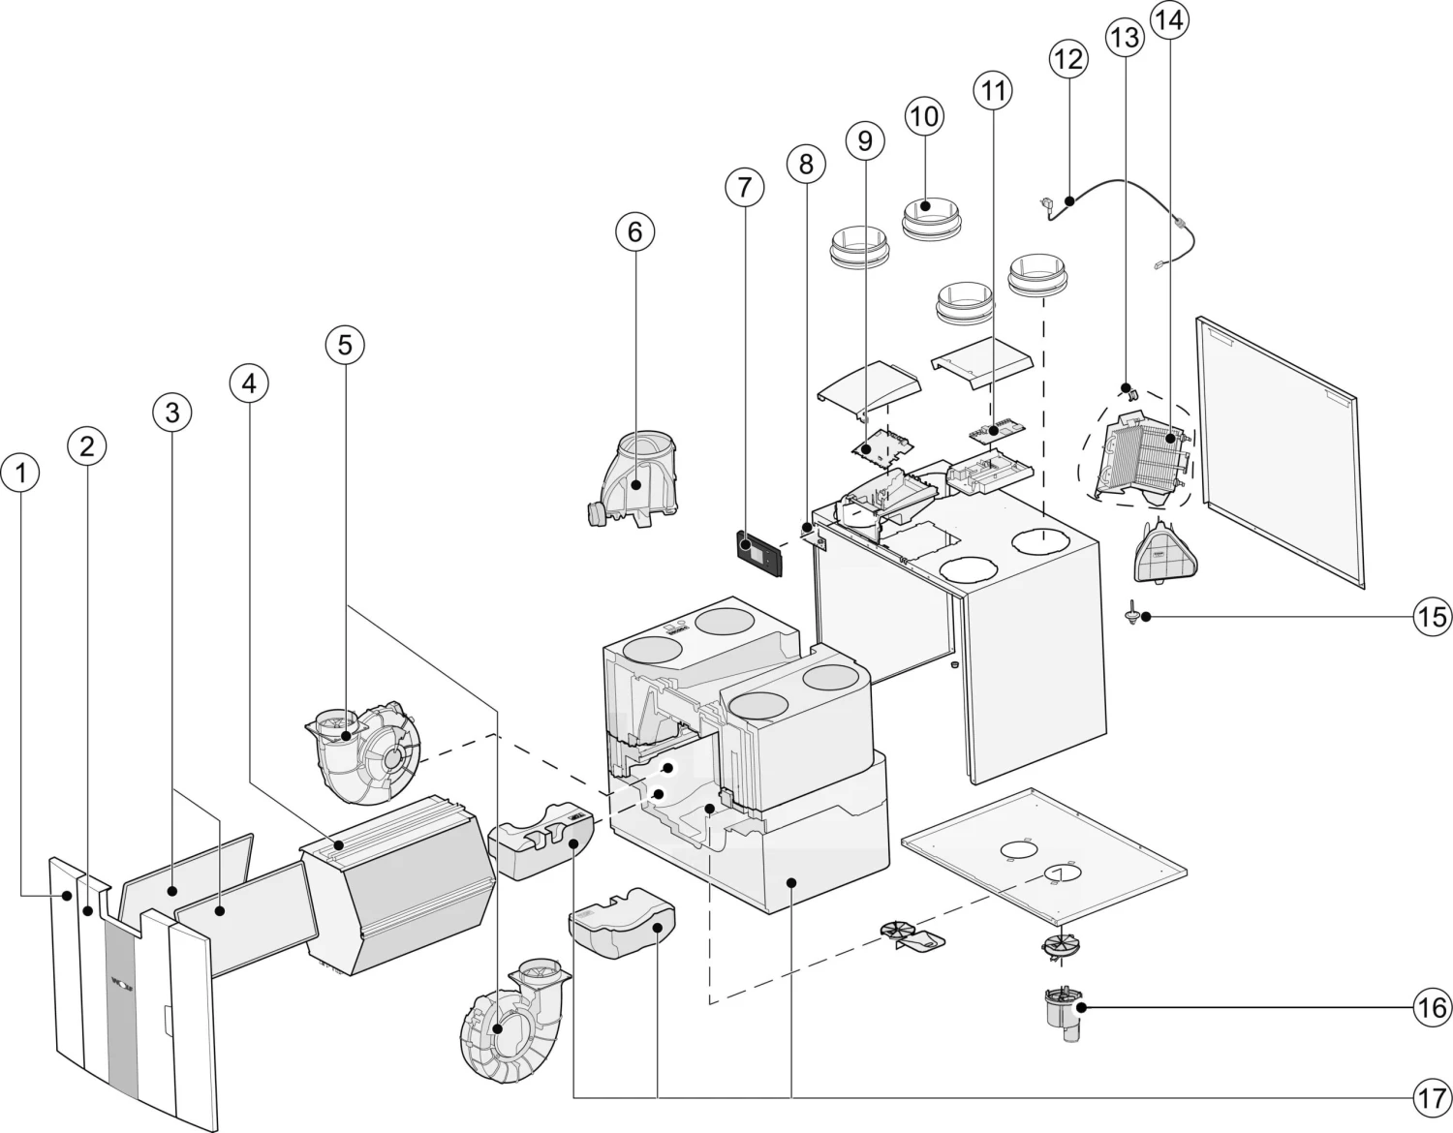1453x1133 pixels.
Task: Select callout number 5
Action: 346,343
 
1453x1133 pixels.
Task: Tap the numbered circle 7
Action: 744,187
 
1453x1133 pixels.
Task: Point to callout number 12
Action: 1067,59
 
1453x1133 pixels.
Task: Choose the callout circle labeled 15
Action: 1432,617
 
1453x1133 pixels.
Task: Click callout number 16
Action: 1432,1007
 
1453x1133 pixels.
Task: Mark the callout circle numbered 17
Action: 1432,1097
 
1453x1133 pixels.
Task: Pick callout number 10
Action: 924,116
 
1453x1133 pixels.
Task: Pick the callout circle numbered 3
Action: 172,413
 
